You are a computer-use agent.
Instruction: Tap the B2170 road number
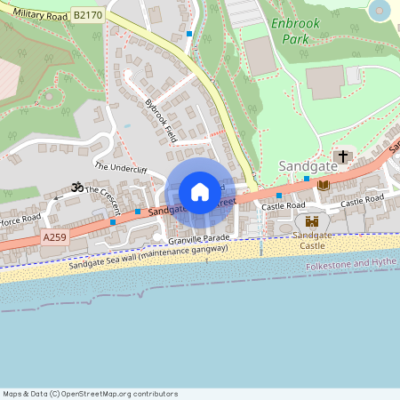tap(87, 16)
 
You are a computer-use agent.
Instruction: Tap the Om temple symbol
tap(76, 188)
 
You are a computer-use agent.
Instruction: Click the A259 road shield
tap(54, 238)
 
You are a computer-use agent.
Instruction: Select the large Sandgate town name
tap(308, 166)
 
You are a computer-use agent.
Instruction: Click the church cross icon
tap(343, 156)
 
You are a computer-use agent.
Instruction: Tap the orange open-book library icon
tap(324, 185)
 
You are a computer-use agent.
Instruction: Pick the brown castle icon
tap(312, 220)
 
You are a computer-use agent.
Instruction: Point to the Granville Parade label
tap(199, 238)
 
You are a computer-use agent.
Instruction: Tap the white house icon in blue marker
tap(200, 192)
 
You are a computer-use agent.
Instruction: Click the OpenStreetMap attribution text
tap(91, 394)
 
